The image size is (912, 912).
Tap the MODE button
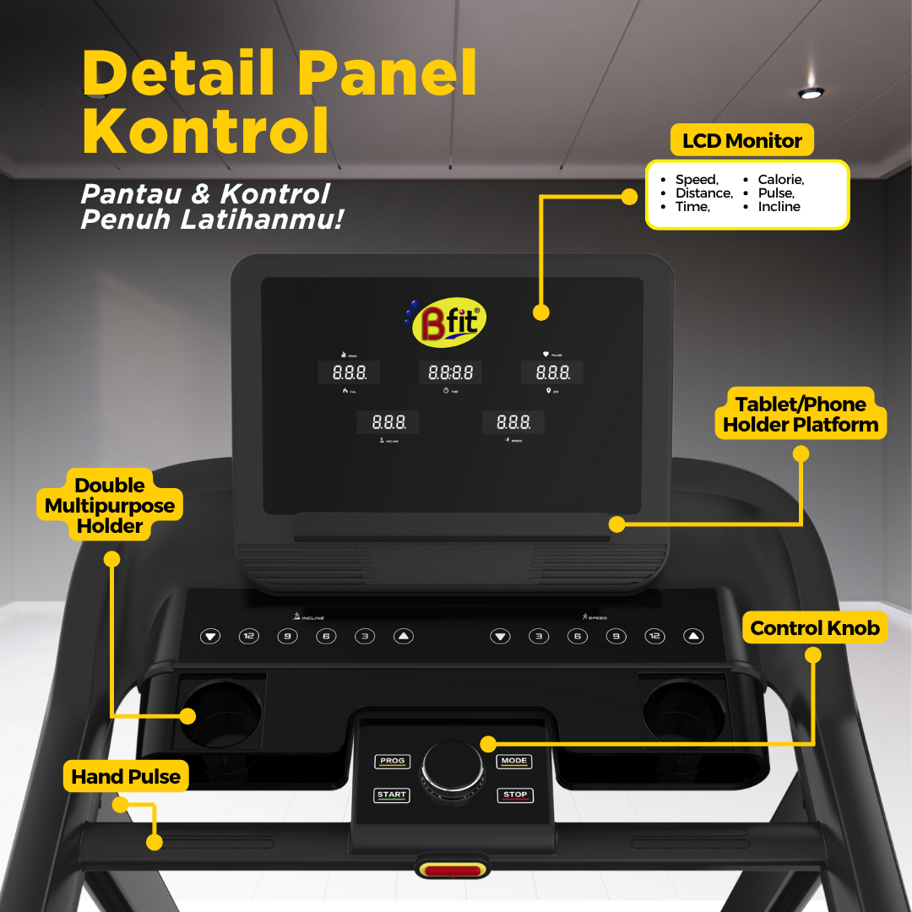tap(513, 762)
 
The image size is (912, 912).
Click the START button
tap(392, 795)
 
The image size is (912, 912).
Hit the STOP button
tap(515, 795)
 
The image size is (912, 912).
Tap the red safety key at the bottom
tap(452, 870)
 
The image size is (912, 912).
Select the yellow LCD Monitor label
tap(741, 141)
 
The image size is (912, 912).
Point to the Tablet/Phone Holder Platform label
tap(800, 414)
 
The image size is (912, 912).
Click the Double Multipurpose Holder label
tap(110, 505)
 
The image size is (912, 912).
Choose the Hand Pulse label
tap(126, 777)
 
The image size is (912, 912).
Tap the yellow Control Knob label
tap(814, 627)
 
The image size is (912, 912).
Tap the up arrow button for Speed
tap(693, 636)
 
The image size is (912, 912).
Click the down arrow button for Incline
tap(210, 636)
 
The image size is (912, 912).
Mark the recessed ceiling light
tap(811, 93)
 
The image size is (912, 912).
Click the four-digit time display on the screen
tap(450, 372)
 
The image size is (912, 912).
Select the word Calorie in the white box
tap(780, 180)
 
